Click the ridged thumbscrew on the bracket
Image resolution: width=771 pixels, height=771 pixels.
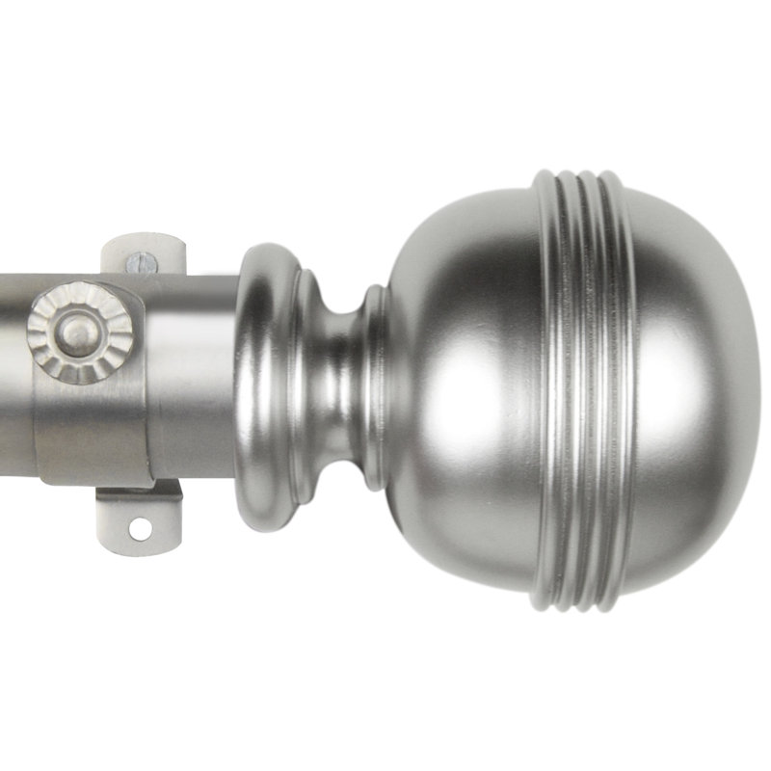click(x=79, y=332)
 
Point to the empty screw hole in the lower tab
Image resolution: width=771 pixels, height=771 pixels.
click(x=141, y=528)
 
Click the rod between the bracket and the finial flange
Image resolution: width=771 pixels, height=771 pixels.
click(x=193, y=376)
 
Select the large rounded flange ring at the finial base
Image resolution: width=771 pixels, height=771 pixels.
click(x=262, y=385)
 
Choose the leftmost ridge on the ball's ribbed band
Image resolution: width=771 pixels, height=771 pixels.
click(x=550, y=385)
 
